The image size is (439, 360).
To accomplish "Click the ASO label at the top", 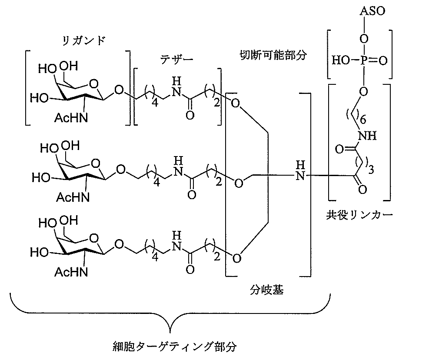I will [372, 10].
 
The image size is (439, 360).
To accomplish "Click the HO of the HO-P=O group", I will [340, 61].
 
